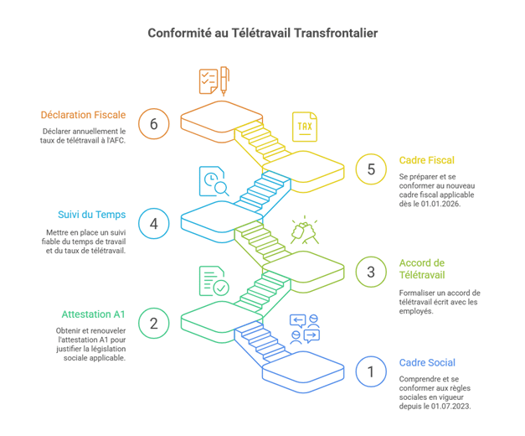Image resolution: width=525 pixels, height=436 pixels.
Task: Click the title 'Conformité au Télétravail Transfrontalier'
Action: point(262,33)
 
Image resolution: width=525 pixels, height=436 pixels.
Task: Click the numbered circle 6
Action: point(153,123)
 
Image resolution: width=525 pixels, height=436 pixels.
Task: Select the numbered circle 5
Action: point(371,169)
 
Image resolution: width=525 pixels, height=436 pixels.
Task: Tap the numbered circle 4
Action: point(153,223)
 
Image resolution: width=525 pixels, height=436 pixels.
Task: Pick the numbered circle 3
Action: point(371,271)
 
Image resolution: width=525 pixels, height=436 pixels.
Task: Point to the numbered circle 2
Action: point(153,323)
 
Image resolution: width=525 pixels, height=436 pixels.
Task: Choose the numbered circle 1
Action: point(371,371)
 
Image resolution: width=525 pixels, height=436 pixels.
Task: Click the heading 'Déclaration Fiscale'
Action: point(83,114)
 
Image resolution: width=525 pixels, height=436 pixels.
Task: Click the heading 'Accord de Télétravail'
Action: point(423,268)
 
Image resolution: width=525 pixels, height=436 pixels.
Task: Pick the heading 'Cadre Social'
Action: point(427,362)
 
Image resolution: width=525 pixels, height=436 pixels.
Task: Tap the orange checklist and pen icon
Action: point(213,83)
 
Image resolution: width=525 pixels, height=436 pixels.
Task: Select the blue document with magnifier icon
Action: point(214,180)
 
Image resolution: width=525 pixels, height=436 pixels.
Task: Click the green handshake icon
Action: point(302,231)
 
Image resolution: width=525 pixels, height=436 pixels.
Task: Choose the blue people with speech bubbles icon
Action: point(304,329)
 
